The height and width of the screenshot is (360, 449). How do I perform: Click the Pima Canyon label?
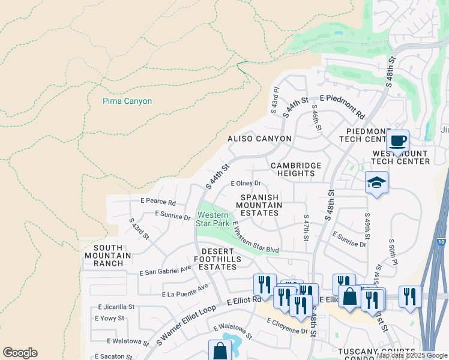click(127, 101)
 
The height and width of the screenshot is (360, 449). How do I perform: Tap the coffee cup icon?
click(398, 141)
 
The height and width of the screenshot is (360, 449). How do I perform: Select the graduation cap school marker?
click(377, 182)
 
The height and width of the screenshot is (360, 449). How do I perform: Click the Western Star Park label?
click(213, 219)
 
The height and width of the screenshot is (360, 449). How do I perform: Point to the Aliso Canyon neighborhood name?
click(259, 139)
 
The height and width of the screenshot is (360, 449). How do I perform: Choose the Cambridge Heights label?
click(296, 169)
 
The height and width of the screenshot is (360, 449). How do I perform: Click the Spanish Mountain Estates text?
click(259, 205)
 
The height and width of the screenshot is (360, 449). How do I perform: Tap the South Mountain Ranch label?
click(108, 256)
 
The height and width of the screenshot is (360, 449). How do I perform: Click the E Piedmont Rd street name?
click(342, 106)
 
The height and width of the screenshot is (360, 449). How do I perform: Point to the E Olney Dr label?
click(246, 184)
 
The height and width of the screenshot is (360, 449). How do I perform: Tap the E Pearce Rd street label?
click(158, 202)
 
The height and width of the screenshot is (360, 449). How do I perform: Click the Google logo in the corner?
click(20, 353)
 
